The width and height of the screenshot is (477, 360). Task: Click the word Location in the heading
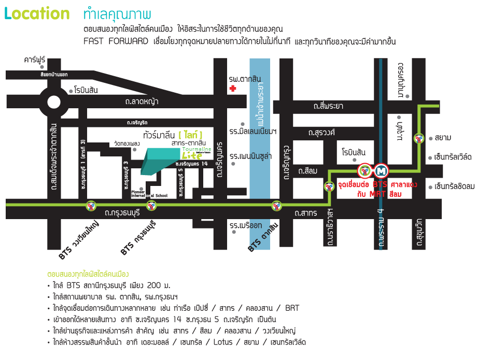point(37,14)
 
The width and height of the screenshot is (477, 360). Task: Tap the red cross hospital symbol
point(233,89)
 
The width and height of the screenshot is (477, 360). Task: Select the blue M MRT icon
point(382,170)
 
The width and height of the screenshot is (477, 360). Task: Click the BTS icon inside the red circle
point(365,170)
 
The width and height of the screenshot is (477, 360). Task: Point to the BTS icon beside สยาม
point(419,138)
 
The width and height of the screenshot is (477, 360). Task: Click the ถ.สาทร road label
point(305,212)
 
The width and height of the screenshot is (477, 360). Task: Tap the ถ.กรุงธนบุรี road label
point(122,212)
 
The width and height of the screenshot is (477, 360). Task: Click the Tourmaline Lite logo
point(192,153)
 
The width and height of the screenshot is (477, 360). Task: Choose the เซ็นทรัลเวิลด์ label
point(453,156)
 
